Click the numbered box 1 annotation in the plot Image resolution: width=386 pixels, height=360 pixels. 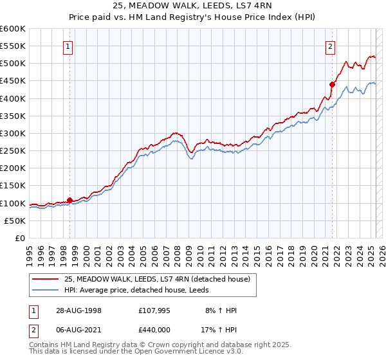[x=68, y=46]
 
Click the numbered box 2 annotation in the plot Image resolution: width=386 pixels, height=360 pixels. [x=330, y=46]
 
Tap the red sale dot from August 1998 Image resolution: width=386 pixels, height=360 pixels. [x=70, y=200]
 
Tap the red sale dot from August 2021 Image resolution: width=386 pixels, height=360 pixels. [x=333, y=84]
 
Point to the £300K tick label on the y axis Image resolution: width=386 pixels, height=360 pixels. [x=13, y=133]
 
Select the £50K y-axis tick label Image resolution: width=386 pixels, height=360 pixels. [x=15, y=221]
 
